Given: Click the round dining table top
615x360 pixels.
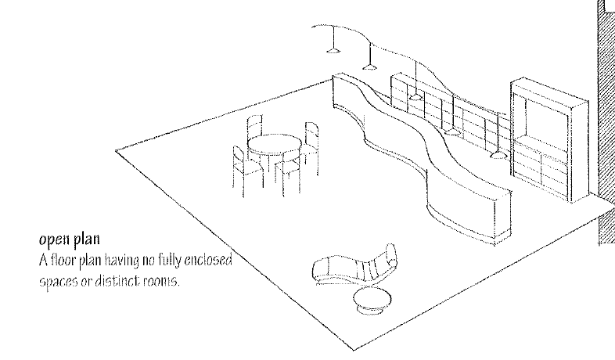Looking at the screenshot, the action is point(274,144).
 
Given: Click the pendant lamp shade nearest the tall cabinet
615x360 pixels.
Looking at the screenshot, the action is point(495,156).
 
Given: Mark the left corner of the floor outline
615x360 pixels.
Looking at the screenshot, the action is point(116,150).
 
